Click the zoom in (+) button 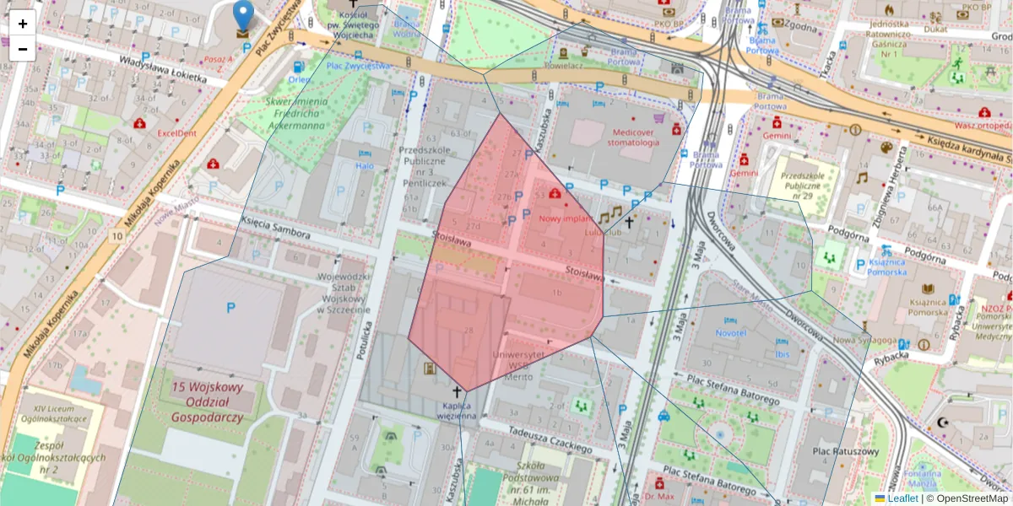(23, 23)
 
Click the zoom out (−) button (23, 49)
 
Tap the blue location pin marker (243, 17)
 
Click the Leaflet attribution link (902, 498)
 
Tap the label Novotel (730, 333)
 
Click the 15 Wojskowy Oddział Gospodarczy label (207, 401)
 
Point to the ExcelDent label (176, 132)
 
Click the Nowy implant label (564, 218)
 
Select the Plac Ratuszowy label (845, 451)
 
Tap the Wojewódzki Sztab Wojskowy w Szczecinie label (344, 293)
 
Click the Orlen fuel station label (299, 80)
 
